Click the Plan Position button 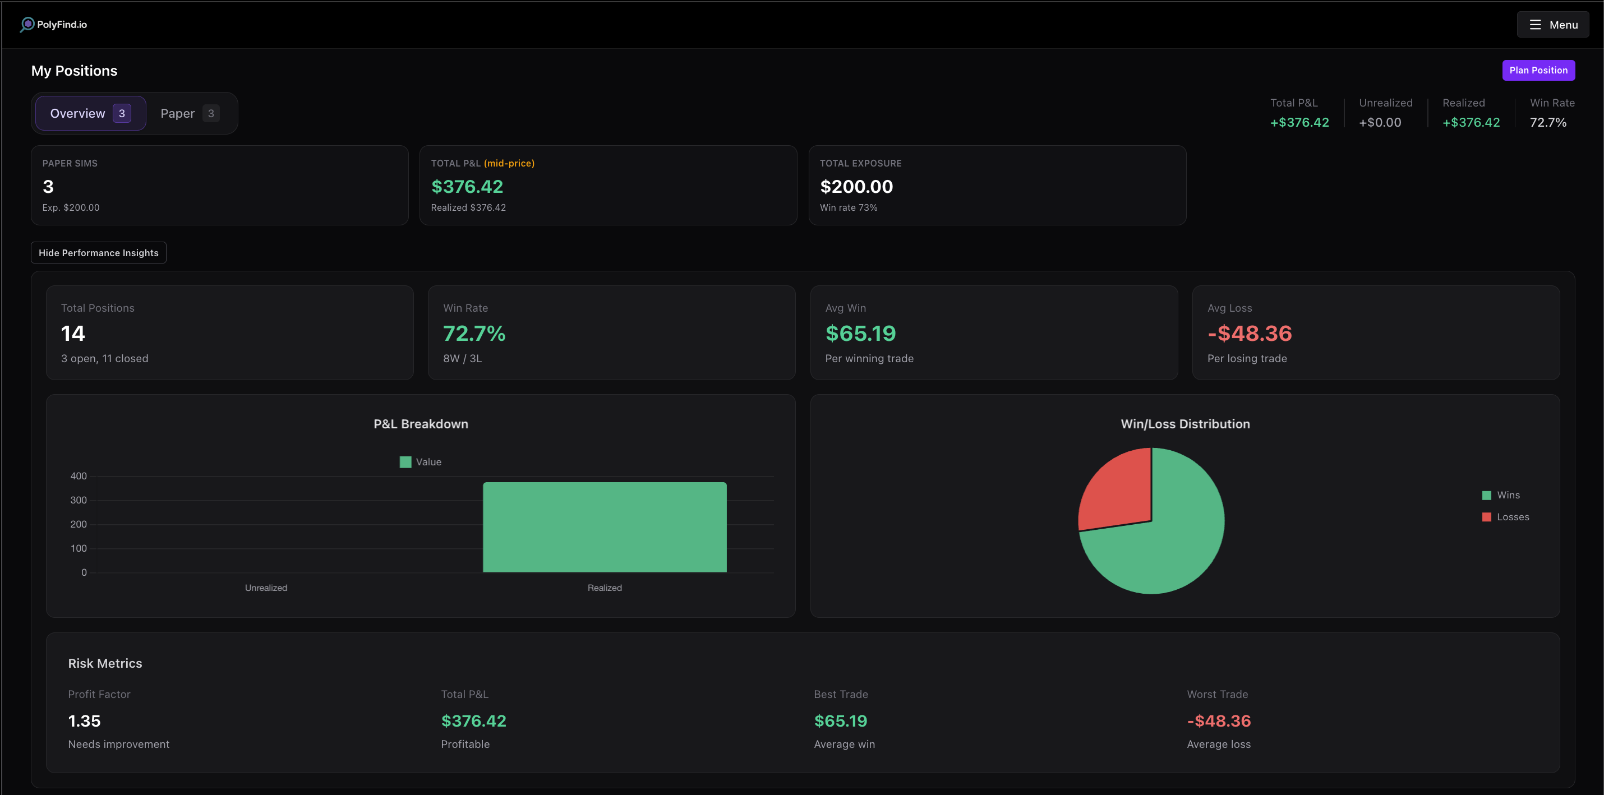click(x=1537, y=70)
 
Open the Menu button click(x=1552, y=25)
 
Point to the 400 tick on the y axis click(x=79, y=476)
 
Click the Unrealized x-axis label click(x=266, y=588)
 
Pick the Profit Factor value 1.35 click(x=84, y=721)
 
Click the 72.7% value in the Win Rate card click(x=474, y=334)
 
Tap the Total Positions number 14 click(x=73, y=334)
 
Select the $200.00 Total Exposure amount click(x=856, y=186)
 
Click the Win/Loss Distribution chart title click(x=1184, y=424)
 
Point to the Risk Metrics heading click(x=105, y=664)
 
